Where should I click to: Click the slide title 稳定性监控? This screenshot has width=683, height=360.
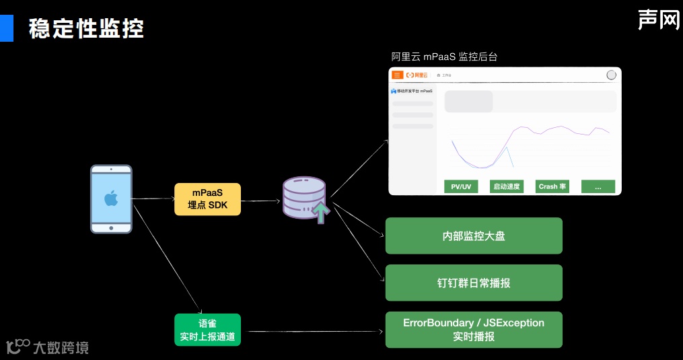pos(86,29)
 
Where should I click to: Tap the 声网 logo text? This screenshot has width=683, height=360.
pos(658,20)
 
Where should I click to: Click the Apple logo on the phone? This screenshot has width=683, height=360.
pos(111,198)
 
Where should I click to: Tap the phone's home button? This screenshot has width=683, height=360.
pos(111,228)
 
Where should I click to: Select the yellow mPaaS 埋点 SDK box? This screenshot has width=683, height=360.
pos(207,199)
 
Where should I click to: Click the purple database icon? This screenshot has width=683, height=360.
pos(304,196)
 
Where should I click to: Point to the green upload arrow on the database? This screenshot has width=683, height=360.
pos(322,213)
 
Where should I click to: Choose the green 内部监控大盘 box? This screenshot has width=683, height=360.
pos(473,236)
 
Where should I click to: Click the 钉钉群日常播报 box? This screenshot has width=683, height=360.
pos(473,283)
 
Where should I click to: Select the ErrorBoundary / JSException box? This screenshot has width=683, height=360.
pos(473,330)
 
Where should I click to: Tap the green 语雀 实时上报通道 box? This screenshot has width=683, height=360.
pos(207,330)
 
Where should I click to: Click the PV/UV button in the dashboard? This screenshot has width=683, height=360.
pos(461,186)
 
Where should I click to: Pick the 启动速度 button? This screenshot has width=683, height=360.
pos(506,186)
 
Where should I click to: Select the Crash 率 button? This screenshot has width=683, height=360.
pos(552,186)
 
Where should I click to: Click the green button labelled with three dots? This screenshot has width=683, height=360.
pos(598,186)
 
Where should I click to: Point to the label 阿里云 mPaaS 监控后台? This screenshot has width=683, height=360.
pos(444,57)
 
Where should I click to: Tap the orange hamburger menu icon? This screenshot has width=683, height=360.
pos(398,75)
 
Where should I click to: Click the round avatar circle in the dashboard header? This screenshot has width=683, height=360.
pos(611,75)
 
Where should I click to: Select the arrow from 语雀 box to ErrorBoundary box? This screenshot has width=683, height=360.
pos(313,331)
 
